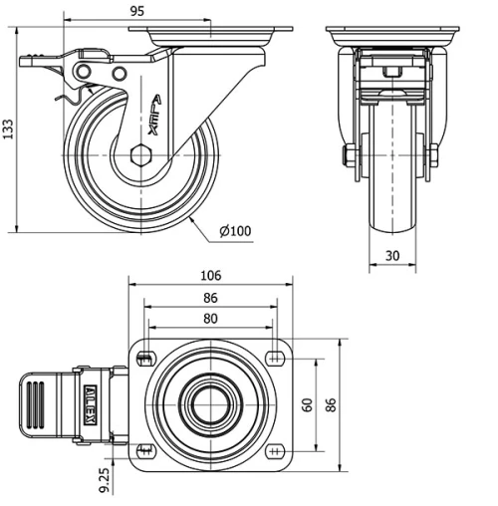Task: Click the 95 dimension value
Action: [137, 10]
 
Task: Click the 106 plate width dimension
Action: [210, 276]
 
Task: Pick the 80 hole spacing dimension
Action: [210, 320]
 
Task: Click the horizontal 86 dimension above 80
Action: [210, 298]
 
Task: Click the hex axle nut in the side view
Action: [140, 155]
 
